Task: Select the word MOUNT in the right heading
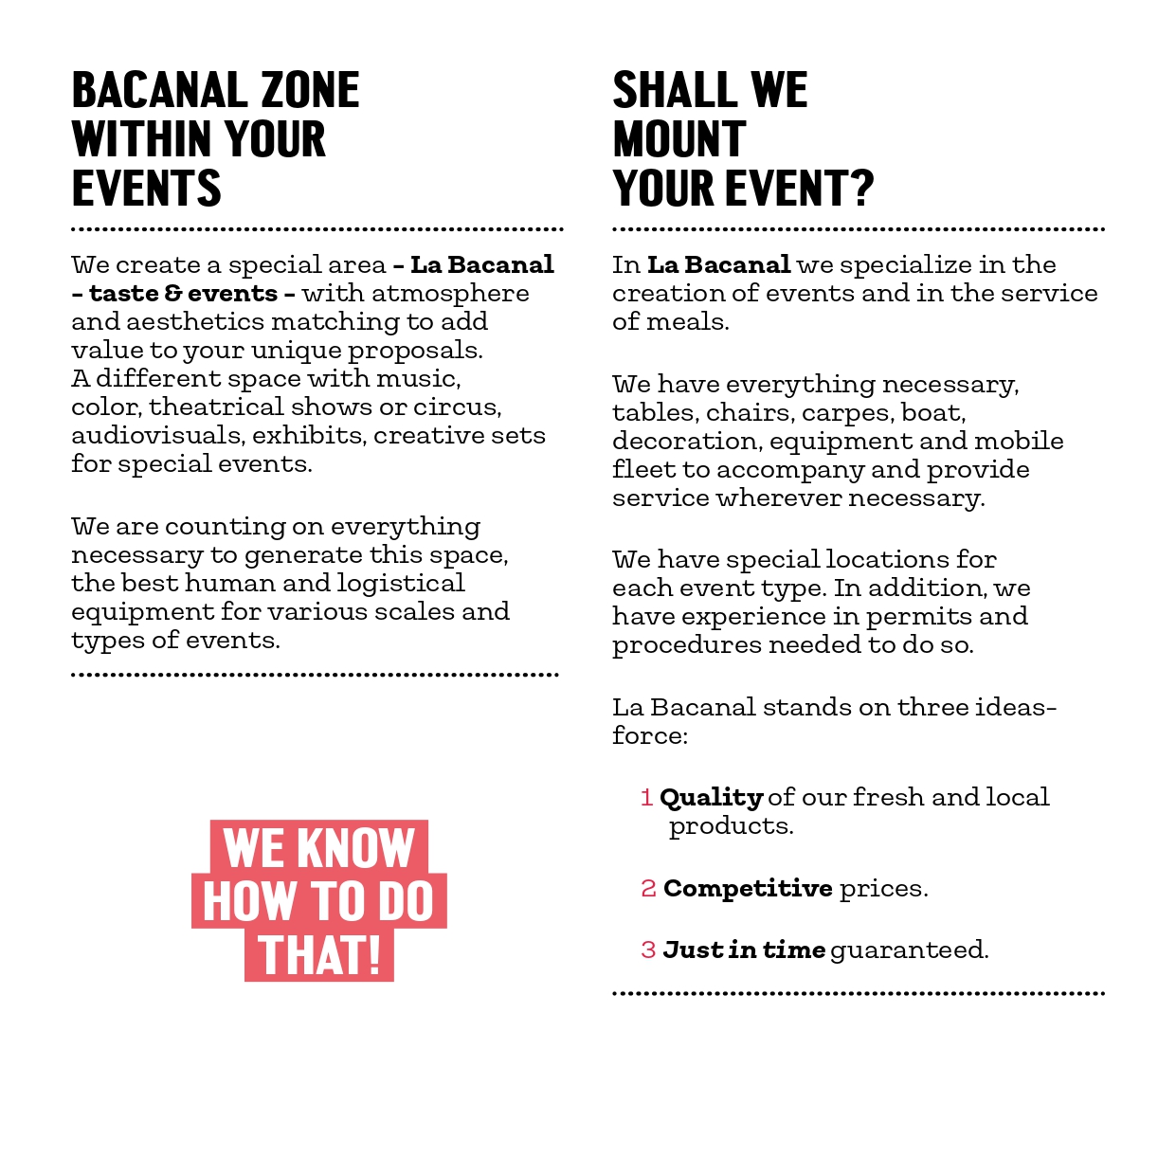[679, 140]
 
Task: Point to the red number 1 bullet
[647, 798]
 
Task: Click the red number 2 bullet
[648, 889]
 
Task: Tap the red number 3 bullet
[648, 950]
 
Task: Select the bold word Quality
[711, 798]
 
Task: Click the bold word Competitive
[748, 889]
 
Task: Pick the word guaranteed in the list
[908, 950]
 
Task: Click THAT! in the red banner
[319, 955]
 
